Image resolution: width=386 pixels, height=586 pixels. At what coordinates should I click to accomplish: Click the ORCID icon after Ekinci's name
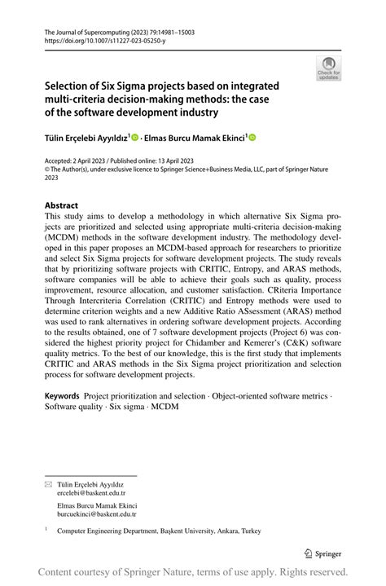pos(253,137)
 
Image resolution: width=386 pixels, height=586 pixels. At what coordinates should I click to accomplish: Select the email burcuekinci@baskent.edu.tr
pos(97,515)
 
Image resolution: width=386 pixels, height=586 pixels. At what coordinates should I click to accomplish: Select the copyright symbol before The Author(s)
pos(46,169)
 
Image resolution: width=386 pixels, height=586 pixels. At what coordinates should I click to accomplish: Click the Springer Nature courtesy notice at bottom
pos(193,572)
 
